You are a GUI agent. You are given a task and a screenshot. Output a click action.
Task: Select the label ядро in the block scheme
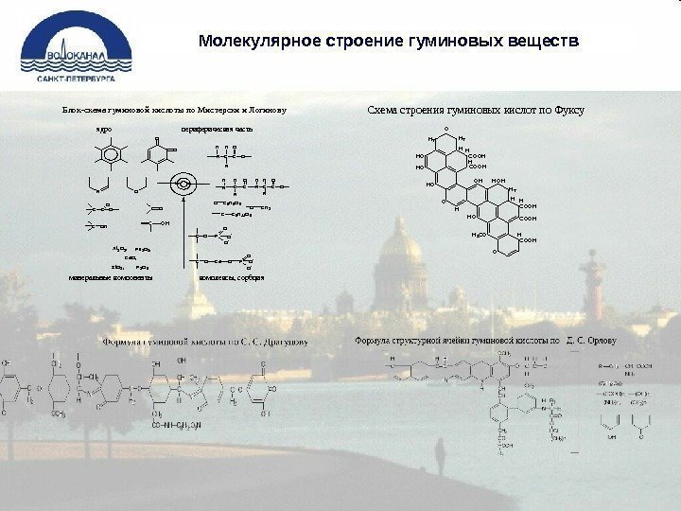pyautogui.click(x=103, y=126)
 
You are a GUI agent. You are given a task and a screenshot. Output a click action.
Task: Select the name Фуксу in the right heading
pyautogui.click(x=568, y=111)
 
